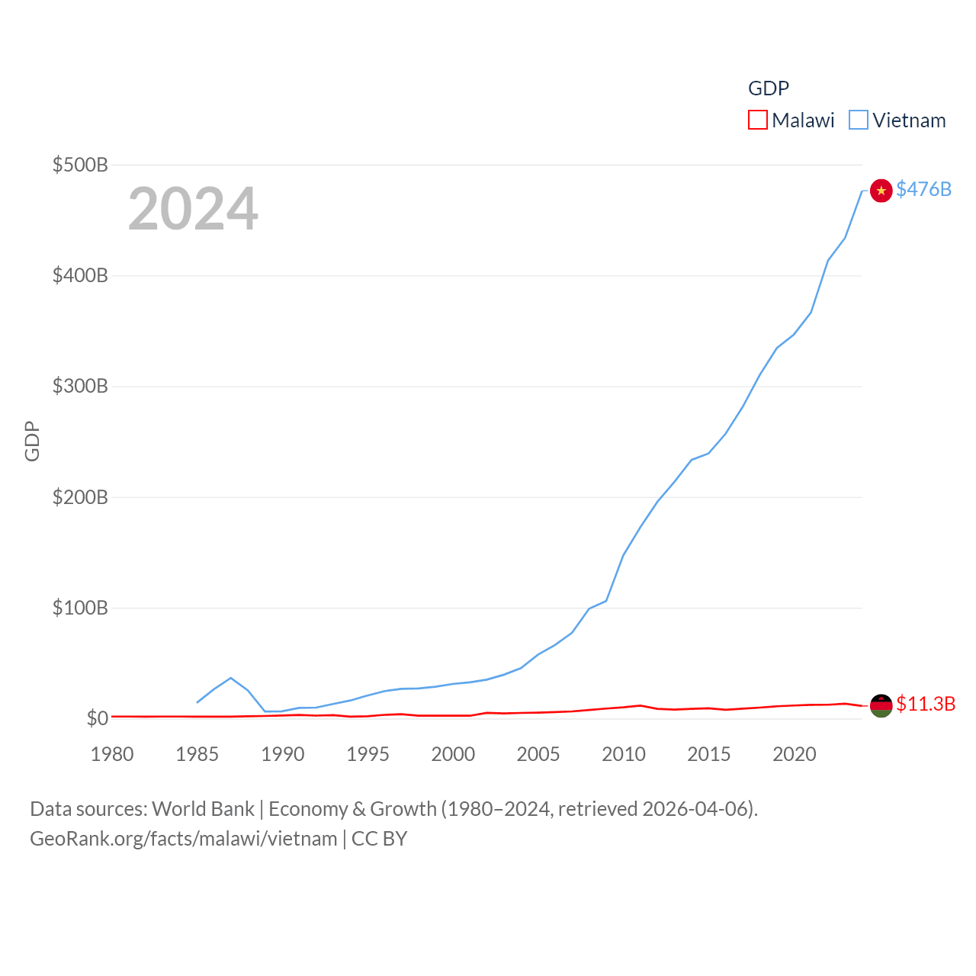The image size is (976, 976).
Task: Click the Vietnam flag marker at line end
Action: coord(881,191)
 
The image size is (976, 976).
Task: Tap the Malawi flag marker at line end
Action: coord(881,706)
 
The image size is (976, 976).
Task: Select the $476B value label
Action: coord(923,189)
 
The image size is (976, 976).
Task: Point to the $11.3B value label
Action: coord(926,704)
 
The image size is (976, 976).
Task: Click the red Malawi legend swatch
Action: coord(757,120)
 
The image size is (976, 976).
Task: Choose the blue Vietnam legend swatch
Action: coord(859,120)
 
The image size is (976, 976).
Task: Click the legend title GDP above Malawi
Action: coord(769,88)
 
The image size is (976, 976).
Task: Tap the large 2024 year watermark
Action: coord(193,209)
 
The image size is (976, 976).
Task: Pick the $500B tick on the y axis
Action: coord(80,165)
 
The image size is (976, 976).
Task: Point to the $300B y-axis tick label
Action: coord(80,386)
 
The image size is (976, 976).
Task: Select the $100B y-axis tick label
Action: coord(80,608)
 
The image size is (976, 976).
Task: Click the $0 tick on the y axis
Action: coord(97,718)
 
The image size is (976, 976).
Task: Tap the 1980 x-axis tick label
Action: coord(112,754)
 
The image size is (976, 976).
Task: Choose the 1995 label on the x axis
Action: coord(368,754)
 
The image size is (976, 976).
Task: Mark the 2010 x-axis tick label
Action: coord(624,754)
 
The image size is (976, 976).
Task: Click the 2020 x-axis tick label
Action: coord(795,754)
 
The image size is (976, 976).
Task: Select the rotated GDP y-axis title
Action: coord(32,441)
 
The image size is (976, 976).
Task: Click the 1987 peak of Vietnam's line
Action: coord(231,678)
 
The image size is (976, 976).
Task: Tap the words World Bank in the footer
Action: coord(203,809)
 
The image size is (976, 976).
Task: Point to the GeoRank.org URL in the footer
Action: coord(183,839)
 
